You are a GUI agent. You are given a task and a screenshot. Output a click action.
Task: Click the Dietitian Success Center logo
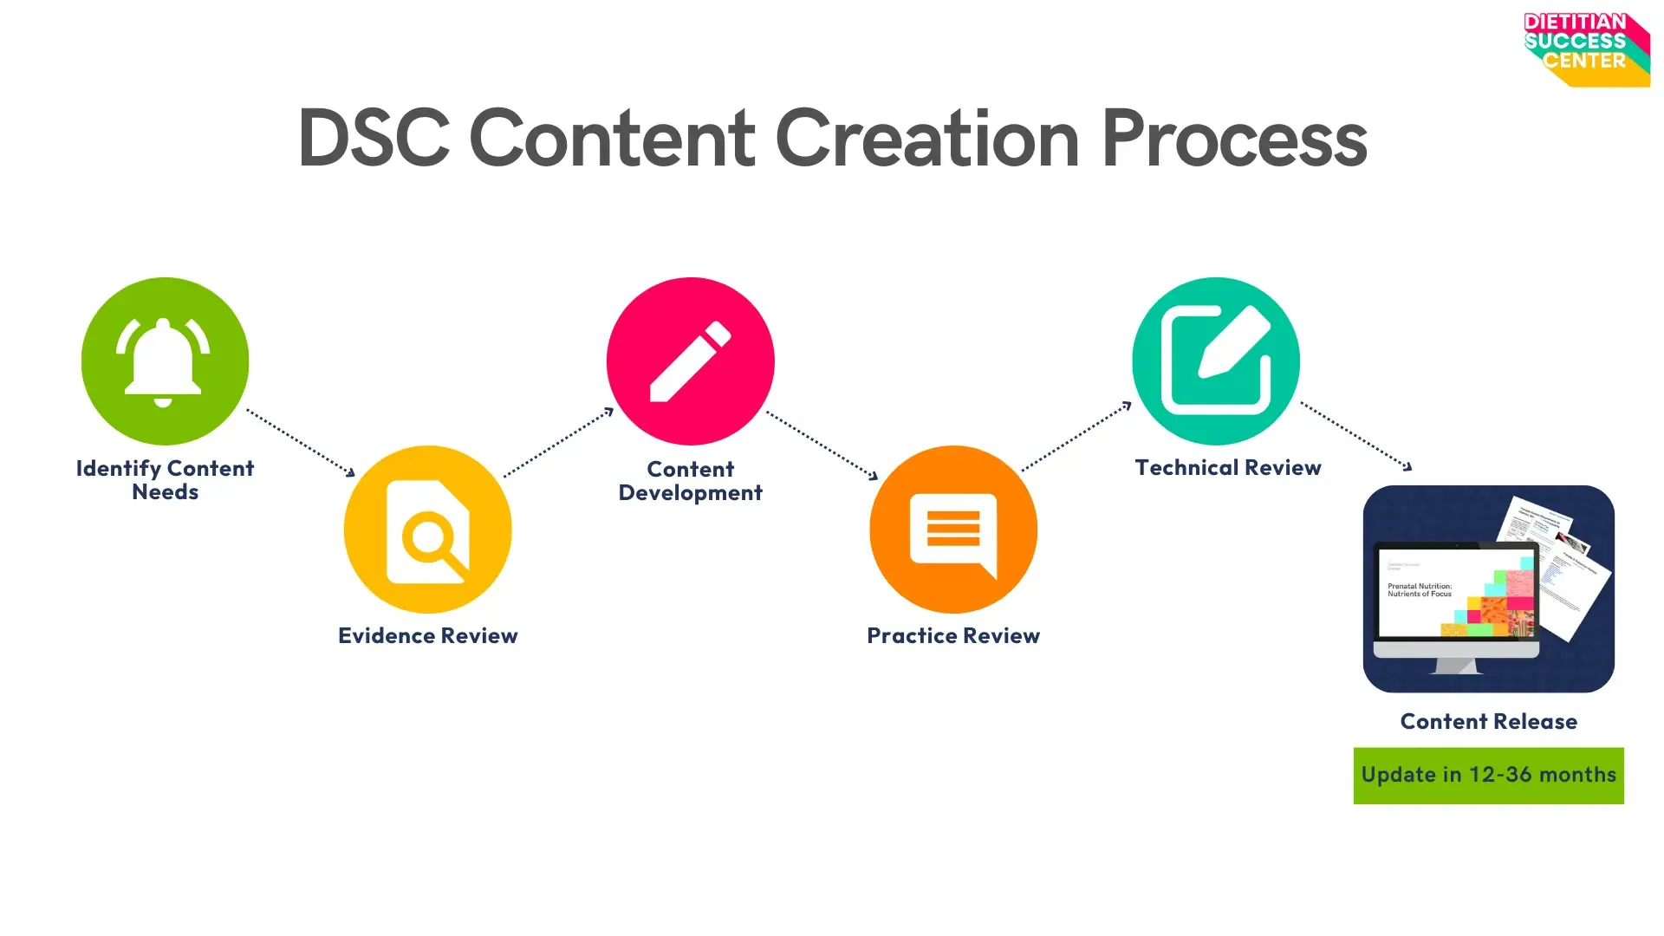pos(1586,49)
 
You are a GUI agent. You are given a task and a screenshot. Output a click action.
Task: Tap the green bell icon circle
pos(165,361)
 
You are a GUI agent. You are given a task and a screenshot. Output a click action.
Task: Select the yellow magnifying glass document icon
pos(428,530)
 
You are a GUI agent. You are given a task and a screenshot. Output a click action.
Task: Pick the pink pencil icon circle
pos(691,361)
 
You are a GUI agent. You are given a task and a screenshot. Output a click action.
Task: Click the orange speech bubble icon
pos(953,530)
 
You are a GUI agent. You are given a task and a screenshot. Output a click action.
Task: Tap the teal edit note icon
pos(1216,361)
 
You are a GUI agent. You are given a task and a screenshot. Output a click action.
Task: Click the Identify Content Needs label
pos(165,480)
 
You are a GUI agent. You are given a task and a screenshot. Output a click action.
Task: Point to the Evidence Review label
pos(428,636)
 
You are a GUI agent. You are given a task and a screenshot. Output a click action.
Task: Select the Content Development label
pos(691,481)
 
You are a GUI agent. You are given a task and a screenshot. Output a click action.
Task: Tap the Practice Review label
pos(953,636)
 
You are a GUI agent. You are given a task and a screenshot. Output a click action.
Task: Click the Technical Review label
pos(1228,468)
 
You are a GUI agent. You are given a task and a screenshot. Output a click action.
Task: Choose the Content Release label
pos(1488,722)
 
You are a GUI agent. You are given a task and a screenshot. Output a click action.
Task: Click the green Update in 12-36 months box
pos(1488,776)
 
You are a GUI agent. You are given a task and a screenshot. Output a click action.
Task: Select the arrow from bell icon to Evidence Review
pos(301,442)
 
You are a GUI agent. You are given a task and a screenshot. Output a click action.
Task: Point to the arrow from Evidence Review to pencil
pos(558,442)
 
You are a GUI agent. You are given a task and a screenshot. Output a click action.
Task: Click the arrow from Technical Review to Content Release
pos(1356,436)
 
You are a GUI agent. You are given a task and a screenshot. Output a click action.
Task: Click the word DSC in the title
pos(374,139)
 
